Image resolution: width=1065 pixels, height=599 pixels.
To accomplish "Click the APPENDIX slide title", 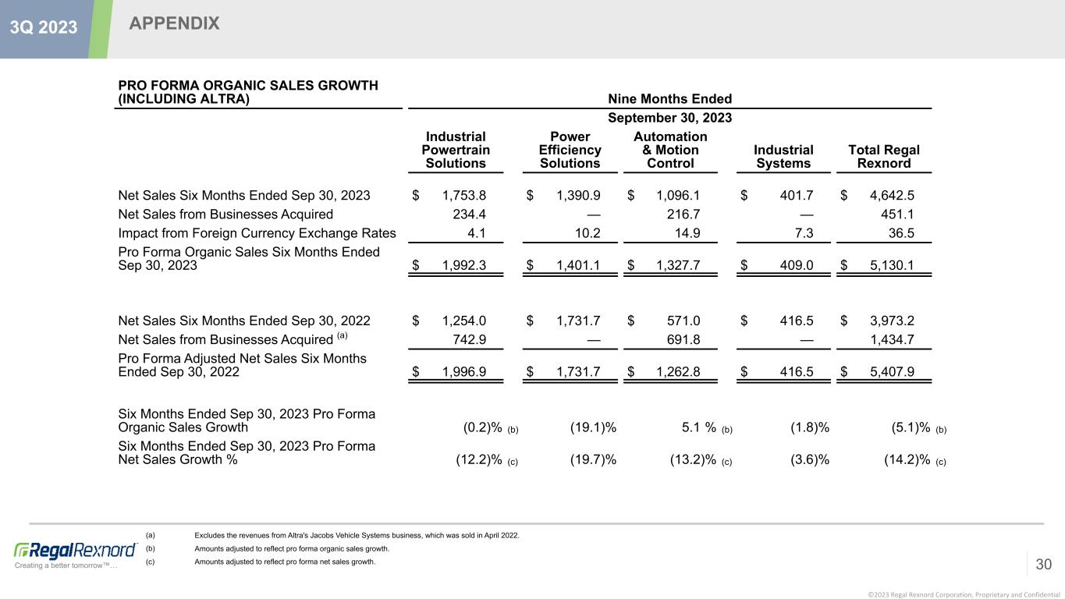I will click(x=174, y=24).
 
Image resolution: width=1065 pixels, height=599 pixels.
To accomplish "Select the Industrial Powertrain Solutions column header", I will click(x=453, y=150).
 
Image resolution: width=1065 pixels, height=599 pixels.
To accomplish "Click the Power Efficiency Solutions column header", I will click(x=570, y=150).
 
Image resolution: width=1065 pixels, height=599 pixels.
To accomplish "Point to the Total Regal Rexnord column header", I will click(x=883, y=156).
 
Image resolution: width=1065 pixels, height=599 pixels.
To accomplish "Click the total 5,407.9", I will click(x=893, y=371).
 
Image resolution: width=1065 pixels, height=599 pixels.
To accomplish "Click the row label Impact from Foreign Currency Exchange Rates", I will click(x=257, y=233).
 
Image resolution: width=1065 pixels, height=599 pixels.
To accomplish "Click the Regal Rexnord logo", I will click(x=75, y=551).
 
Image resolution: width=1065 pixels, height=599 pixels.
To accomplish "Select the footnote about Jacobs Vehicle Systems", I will click(x=356, y=535).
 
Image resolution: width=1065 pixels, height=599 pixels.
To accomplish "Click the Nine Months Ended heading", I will click(x=669, y=99).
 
